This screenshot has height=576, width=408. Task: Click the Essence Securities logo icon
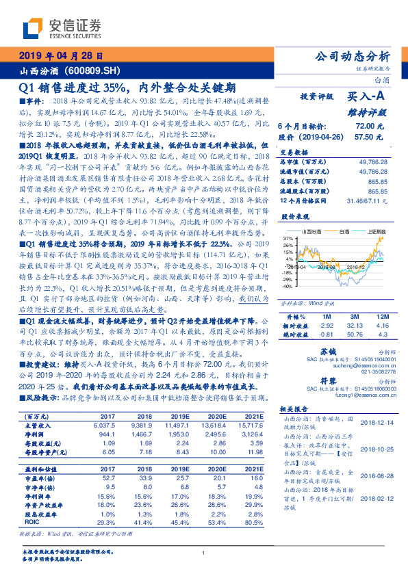34,29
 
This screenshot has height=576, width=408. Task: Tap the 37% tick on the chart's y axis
288,237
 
